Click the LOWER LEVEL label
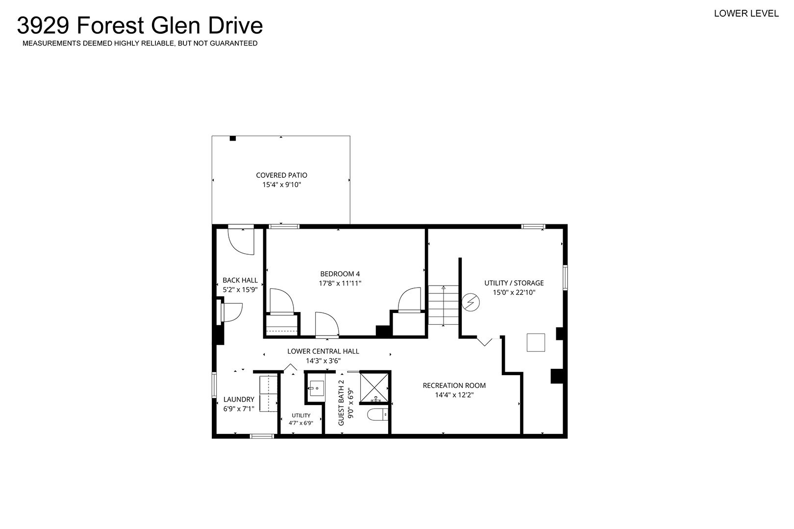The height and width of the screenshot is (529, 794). [x=746, y=13]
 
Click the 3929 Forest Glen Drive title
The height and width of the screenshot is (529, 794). [x=140, y=25]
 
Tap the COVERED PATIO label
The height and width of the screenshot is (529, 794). [x=281, y=175]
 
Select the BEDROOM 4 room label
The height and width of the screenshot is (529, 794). [x=340, y=274]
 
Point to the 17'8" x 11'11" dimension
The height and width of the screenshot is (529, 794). [x=340, y=284]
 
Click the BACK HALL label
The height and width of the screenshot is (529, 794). [x=240, y=280]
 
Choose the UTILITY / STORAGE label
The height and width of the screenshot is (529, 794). [x=514, y=283]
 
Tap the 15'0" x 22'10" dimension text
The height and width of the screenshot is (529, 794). [x=514, y=292]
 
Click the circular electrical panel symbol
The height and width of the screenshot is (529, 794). [x=471, y=302]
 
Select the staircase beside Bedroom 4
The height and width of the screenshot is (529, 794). [x=444, y=305]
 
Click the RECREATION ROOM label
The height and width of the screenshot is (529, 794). [x=454, y=385]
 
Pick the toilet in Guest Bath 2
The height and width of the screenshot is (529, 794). [x=377, y=414]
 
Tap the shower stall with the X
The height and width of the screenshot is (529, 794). [x=374, y=387]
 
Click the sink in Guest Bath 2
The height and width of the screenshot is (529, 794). [x=316, y=388]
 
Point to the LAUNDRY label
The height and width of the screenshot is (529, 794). [x=239, y=399]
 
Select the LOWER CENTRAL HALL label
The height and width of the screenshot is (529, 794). [x=323, y=351]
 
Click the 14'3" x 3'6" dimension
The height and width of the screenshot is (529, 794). [x=323, y=361]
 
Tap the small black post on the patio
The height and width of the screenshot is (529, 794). [x=232, y=138]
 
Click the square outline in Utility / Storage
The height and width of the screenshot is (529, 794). [x=536, y=342]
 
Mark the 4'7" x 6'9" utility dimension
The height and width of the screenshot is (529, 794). [x=301, y=423]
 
